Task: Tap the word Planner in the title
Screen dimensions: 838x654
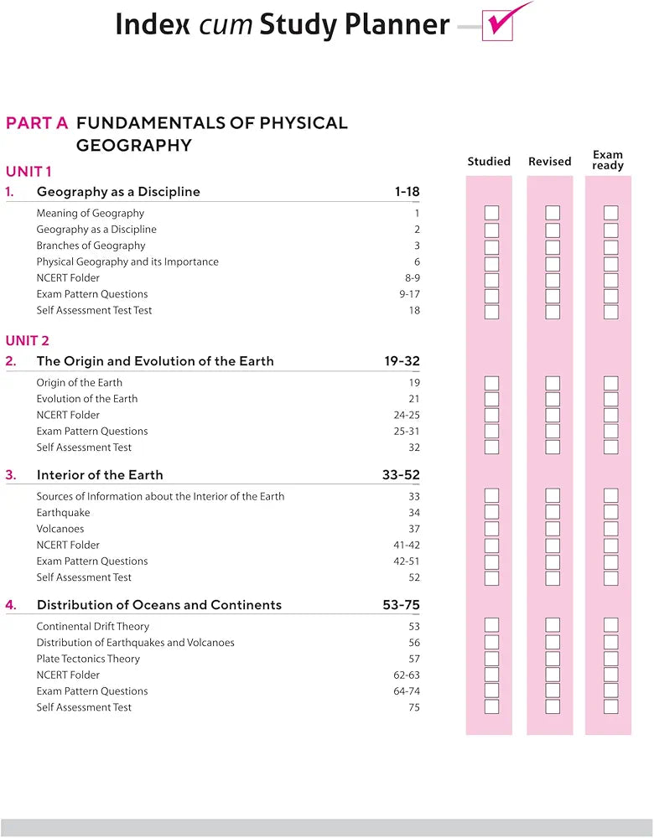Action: click(x=398, y=24)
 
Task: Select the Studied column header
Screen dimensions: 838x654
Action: click(x=489, y=161)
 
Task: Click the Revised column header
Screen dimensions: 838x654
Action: click(x=549, y=161)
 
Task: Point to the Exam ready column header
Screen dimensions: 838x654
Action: click(x=608, y=160)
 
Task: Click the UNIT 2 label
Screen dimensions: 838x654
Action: click(x=28, y=340)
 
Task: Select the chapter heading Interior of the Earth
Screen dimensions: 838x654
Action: click(x=100, y=475)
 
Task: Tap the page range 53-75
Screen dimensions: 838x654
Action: click(x=401, y=605)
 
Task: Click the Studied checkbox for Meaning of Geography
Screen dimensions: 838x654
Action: click(x=492, y=213)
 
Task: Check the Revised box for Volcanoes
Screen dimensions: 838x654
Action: click(x=553, y=529)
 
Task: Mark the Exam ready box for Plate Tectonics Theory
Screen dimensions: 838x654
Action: click(x=611, y=659)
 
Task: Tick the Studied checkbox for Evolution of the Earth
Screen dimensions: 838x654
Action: click(x=492, y=399)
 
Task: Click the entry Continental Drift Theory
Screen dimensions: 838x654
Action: click(x=93, y=626)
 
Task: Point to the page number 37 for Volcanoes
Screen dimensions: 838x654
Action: click(x=414, y=529)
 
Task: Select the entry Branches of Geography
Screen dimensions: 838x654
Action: click(x=91, y=246)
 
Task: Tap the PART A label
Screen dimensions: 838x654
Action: click(x=37, y=123)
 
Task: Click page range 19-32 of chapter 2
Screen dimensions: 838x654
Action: click(x=402, y=361)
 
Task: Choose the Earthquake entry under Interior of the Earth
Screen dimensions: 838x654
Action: click(x=63, y=513)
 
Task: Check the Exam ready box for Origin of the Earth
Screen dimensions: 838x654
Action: click(x=611, y=383)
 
